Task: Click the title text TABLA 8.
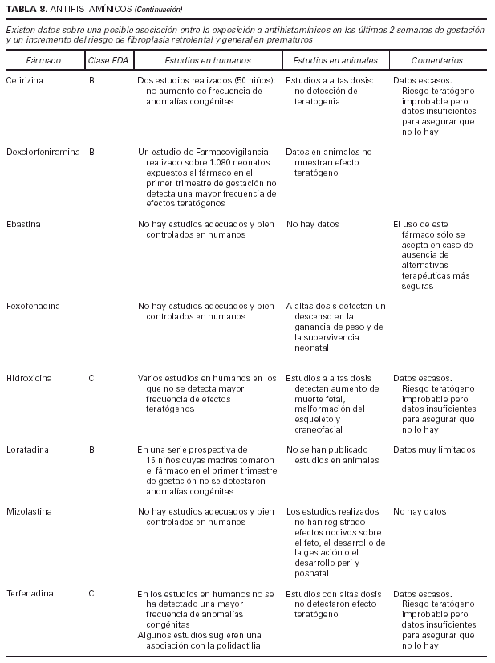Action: tap(22, 9)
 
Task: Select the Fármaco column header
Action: tap(43, 60)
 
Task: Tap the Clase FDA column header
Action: tap(108, 60)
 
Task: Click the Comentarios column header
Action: tap(437, 60)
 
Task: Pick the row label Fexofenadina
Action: tap(32, 306)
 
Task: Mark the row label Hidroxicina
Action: tap(29, 378)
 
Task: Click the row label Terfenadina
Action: tap(30, 594)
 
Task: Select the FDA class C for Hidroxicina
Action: tap(91, 378)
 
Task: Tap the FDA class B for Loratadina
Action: tap(91, 449)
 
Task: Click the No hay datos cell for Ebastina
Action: tap(313, 224)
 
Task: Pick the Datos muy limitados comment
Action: tap(434, 449)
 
